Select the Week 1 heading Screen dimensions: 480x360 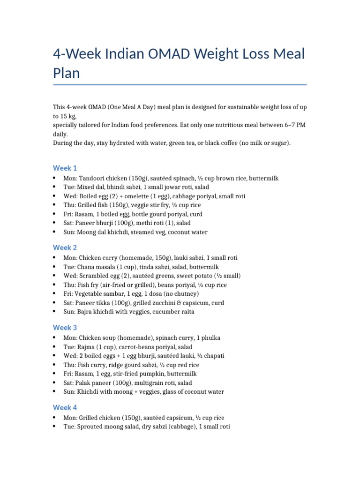(65, 168)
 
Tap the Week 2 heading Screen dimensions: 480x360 (65, 247)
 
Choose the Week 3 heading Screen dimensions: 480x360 (65, 328)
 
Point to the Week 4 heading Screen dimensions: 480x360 (65, 407)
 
